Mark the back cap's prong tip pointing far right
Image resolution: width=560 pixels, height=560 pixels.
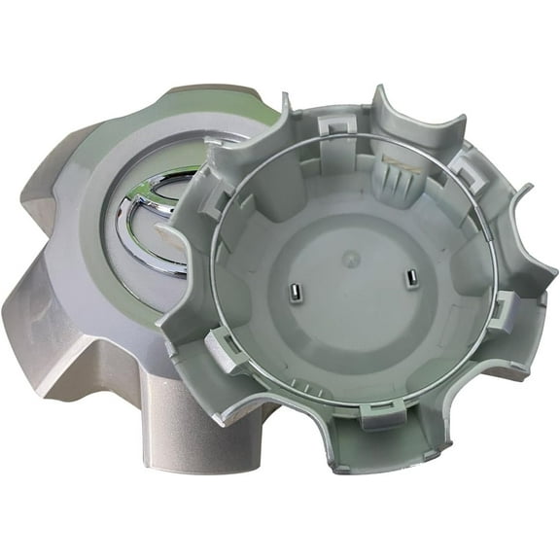[525, 189]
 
